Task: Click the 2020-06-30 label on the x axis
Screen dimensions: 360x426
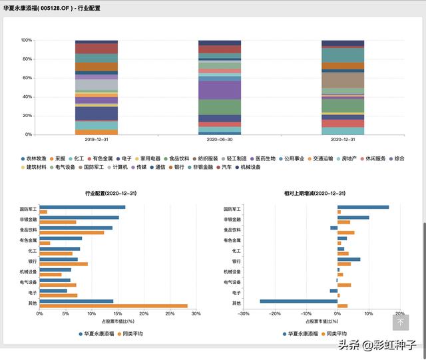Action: point(220,140)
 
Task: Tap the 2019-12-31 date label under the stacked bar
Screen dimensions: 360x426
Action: point(97,140)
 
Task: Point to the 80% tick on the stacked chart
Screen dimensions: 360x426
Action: point(27,59)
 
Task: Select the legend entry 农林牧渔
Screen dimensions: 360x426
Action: point(36,159)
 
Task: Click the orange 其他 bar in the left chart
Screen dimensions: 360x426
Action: point(114,306)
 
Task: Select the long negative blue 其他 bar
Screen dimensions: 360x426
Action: point(299,301)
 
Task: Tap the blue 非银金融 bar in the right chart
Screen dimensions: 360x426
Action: point(353,218)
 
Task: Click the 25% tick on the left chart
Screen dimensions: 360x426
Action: point(170,313)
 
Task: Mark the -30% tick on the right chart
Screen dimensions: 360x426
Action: point(244,313)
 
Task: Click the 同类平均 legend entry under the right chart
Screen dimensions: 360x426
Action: point(334,333)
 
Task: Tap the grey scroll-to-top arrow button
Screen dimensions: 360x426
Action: point(400,322)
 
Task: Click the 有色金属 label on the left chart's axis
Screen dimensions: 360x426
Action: point(28,240)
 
